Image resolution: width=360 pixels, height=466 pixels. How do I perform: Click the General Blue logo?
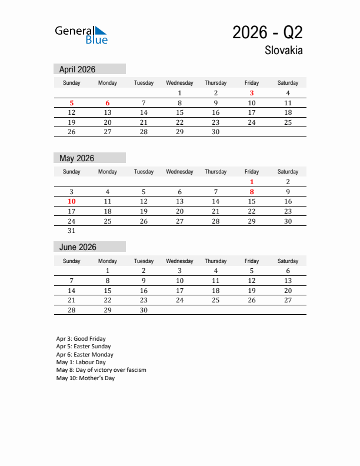[x=81, y=35]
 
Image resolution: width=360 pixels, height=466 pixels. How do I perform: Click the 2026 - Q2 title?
[x=267, y=32]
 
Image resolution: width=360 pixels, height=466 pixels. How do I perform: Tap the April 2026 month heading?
[x=77, y=69]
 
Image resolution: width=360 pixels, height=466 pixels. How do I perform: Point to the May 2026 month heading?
[x=76, y=158]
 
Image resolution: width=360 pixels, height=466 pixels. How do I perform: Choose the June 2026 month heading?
[x=78, y=247]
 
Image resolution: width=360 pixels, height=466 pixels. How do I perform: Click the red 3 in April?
[x=252, y=93]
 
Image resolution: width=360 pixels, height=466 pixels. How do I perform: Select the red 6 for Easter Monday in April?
[x=108, y=103]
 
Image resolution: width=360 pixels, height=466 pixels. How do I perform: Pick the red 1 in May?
[x=252, y=182]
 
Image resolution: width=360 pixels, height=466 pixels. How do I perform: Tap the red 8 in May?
[x=252, y=192]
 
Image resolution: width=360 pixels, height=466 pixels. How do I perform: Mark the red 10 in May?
[x=72, y=201]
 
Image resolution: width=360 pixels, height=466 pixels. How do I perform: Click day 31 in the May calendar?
[x=72, y=231]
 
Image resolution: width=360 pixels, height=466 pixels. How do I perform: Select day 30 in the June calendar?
[x=144, y=310]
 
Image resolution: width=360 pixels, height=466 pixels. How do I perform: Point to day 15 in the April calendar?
[x=179, y=112]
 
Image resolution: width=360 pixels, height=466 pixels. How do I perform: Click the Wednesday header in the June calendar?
[x=179, y=261]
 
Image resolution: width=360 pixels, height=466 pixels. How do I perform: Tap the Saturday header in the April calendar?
[x=288, y=83]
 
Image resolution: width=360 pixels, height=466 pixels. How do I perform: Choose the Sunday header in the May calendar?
[x=72, y=172]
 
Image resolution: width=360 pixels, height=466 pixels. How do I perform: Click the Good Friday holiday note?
[x=81, y=339]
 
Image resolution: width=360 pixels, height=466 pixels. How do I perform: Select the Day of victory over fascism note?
[x=101, y=370]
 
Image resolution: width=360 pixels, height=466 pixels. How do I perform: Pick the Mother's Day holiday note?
[x=85, y=378]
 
